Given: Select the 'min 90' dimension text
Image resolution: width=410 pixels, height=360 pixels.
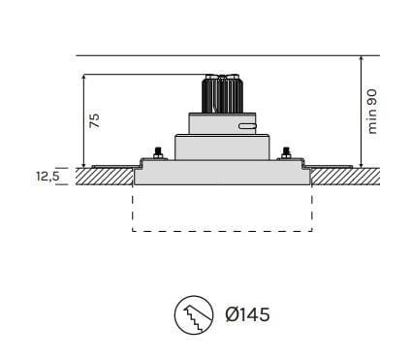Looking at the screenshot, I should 369,111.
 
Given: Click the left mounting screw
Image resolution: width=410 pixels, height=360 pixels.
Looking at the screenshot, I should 154,153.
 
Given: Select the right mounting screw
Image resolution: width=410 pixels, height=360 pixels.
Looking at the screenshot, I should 285,153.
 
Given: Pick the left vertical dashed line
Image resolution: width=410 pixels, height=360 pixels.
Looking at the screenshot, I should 132,209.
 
